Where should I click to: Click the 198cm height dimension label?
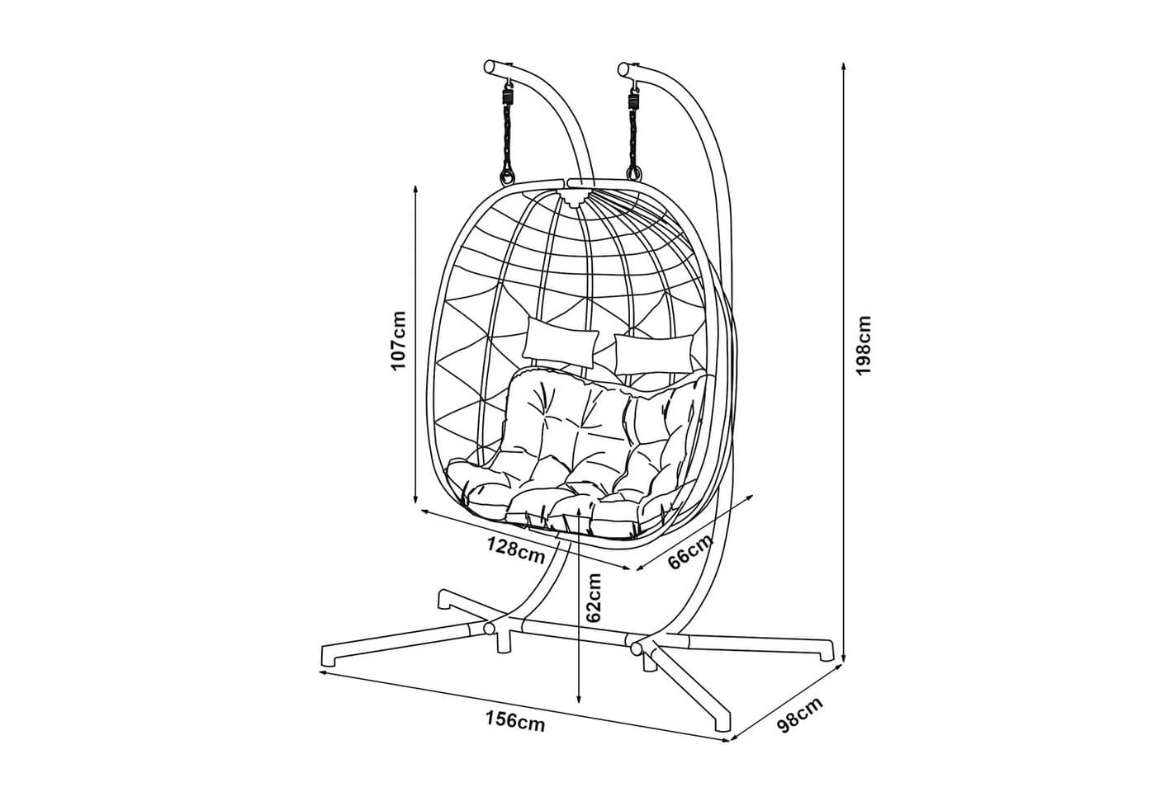tap(863, 345)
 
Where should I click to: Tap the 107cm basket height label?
tap(398, 340)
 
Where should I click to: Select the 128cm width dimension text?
tap(517, 549)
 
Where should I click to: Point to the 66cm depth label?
tap(690, 551)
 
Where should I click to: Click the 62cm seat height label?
tap(594, 597)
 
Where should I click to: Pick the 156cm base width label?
tap(515, 721)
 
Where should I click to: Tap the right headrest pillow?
tap(654, 355)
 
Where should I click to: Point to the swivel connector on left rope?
tap(508, 97)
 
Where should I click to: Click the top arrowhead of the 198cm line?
tap(843, 67)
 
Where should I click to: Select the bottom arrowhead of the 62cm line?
tap(580, 698)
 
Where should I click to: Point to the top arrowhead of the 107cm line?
tap(415, 191)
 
